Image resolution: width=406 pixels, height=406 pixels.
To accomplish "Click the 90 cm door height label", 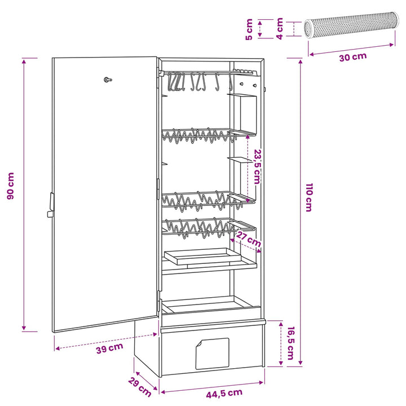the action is pos(11,186).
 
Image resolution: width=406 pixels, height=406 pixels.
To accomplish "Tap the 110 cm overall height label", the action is pos(309,197).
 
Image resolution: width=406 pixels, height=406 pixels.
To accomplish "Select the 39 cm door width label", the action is pos(109,348).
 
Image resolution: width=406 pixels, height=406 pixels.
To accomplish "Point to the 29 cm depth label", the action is pos(140,387).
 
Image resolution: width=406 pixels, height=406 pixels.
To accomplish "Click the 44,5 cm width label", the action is pos(224,394).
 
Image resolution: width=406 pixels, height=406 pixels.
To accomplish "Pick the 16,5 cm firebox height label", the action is pos(291,343).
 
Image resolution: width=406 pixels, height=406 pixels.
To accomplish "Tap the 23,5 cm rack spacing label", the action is pos(257,166).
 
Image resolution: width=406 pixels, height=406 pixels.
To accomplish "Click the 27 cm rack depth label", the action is pos(249,240).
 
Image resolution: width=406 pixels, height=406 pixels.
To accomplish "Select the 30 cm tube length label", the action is pos(353,57).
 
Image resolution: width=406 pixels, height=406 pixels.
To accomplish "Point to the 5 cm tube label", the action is pos(249,29).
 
